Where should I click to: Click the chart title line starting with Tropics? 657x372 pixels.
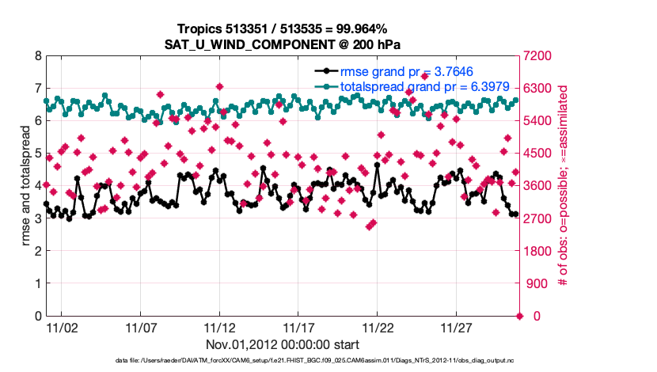click(x=283, y=29)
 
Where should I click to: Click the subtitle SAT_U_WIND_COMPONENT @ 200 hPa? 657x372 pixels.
click(x=283, y=44)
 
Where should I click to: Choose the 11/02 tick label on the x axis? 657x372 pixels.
click(x=61, y=328)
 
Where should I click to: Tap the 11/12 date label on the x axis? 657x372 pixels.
click(x=219, y=328)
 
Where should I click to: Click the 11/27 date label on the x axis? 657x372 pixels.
click(x=457, y=328)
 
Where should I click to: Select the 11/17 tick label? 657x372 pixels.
click(x=298, y=328)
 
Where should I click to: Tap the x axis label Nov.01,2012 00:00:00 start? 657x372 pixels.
click(x=283, y=344)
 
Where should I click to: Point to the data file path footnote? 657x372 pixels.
click(x=283, y=361)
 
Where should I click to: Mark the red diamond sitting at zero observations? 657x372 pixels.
click(x=519, y=316)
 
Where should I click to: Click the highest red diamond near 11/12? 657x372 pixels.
click(x=219, y=86)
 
